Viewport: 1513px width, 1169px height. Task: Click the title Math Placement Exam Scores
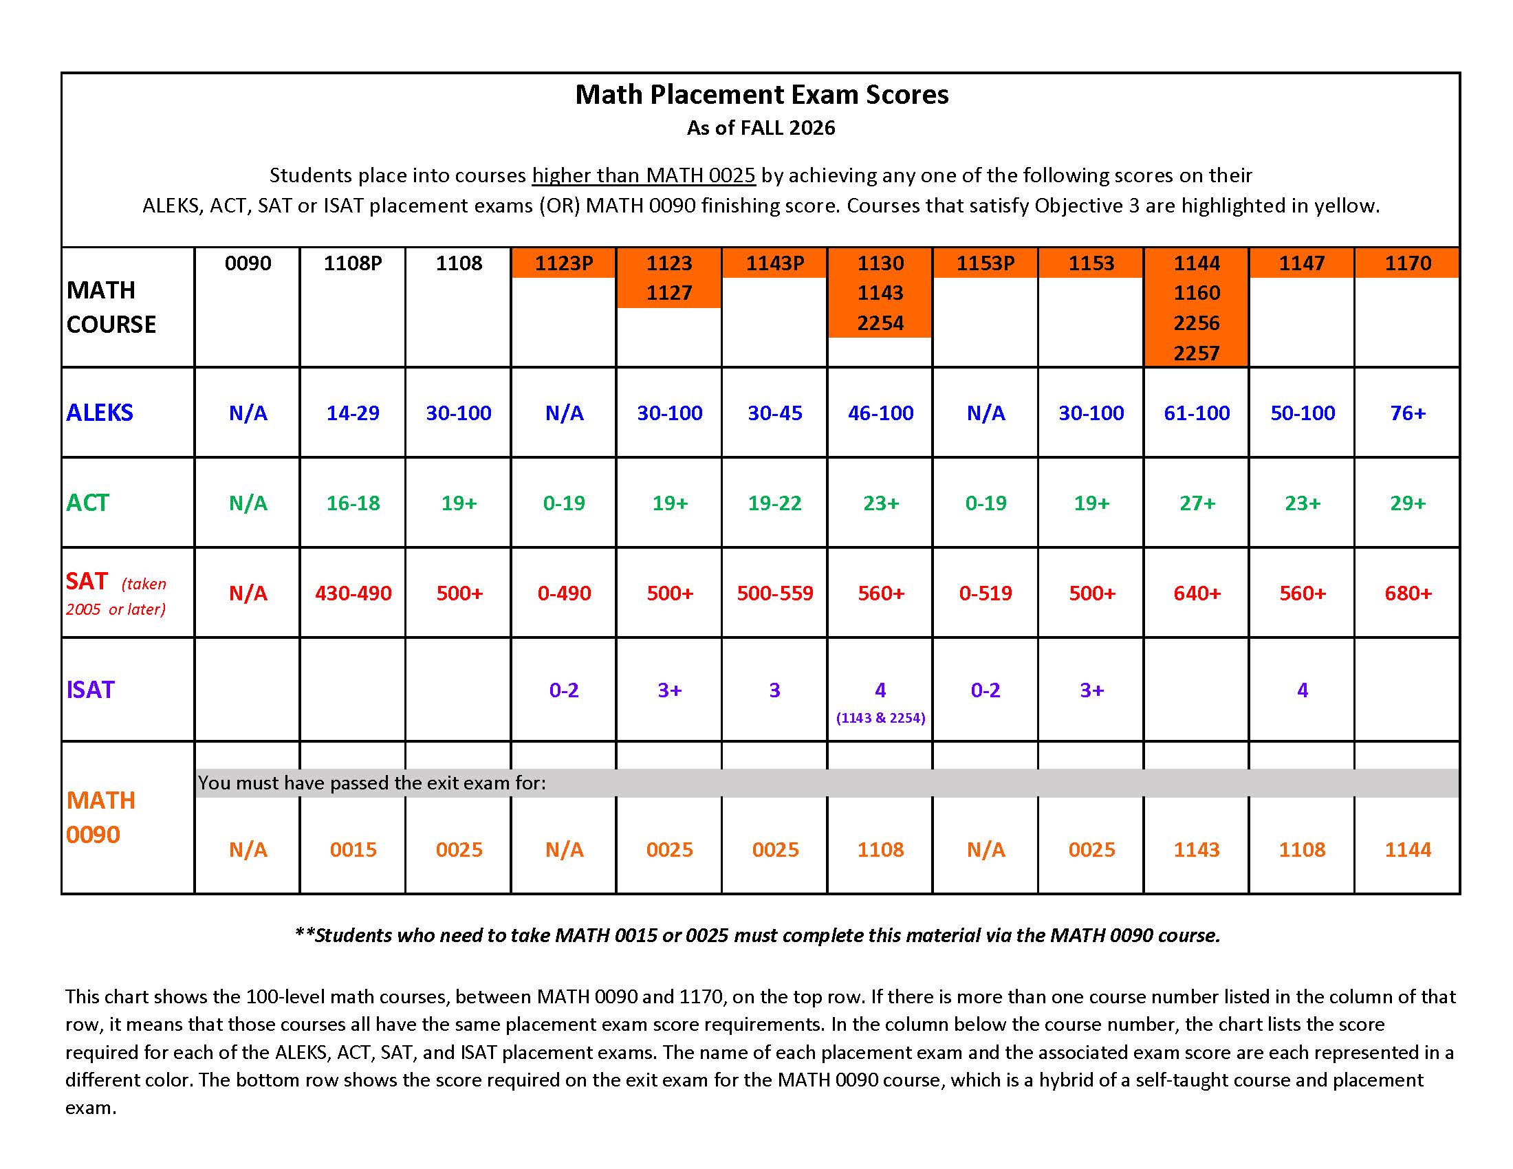click(761, 95)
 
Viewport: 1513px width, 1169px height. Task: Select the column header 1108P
click(353, 263)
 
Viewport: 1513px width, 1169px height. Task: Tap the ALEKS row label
click(100, 413)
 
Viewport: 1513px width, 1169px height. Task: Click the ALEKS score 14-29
click(353, 413)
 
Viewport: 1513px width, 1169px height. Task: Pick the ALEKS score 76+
click(1408, 413)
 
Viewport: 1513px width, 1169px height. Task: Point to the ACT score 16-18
click(353, 503)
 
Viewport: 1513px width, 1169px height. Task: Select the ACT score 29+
click(1408, 503)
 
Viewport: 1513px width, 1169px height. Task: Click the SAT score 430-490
click(353, 593)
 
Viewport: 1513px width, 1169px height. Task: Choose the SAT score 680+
click(1408, 593)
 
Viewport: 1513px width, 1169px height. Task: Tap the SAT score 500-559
click(774, 593)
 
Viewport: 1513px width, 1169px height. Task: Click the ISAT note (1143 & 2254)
click(880, 718)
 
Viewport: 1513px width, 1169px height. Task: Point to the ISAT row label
click(90, 690)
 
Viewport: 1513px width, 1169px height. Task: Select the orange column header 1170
click(1408, 263)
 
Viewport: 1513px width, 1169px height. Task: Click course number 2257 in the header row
click(1197, 353)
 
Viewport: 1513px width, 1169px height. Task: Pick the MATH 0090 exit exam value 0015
click(353, 850)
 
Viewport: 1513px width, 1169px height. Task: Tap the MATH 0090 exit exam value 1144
click(1408, 850)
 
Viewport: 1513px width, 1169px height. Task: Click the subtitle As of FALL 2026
click(761, 128)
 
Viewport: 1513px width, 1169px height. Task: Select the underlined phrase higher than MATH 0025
click(644, 175)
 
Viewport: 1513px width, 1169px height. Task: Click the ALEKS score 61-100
click(1197, 413)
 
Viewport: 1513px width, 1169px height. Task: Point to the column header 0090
click(248, 263)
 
